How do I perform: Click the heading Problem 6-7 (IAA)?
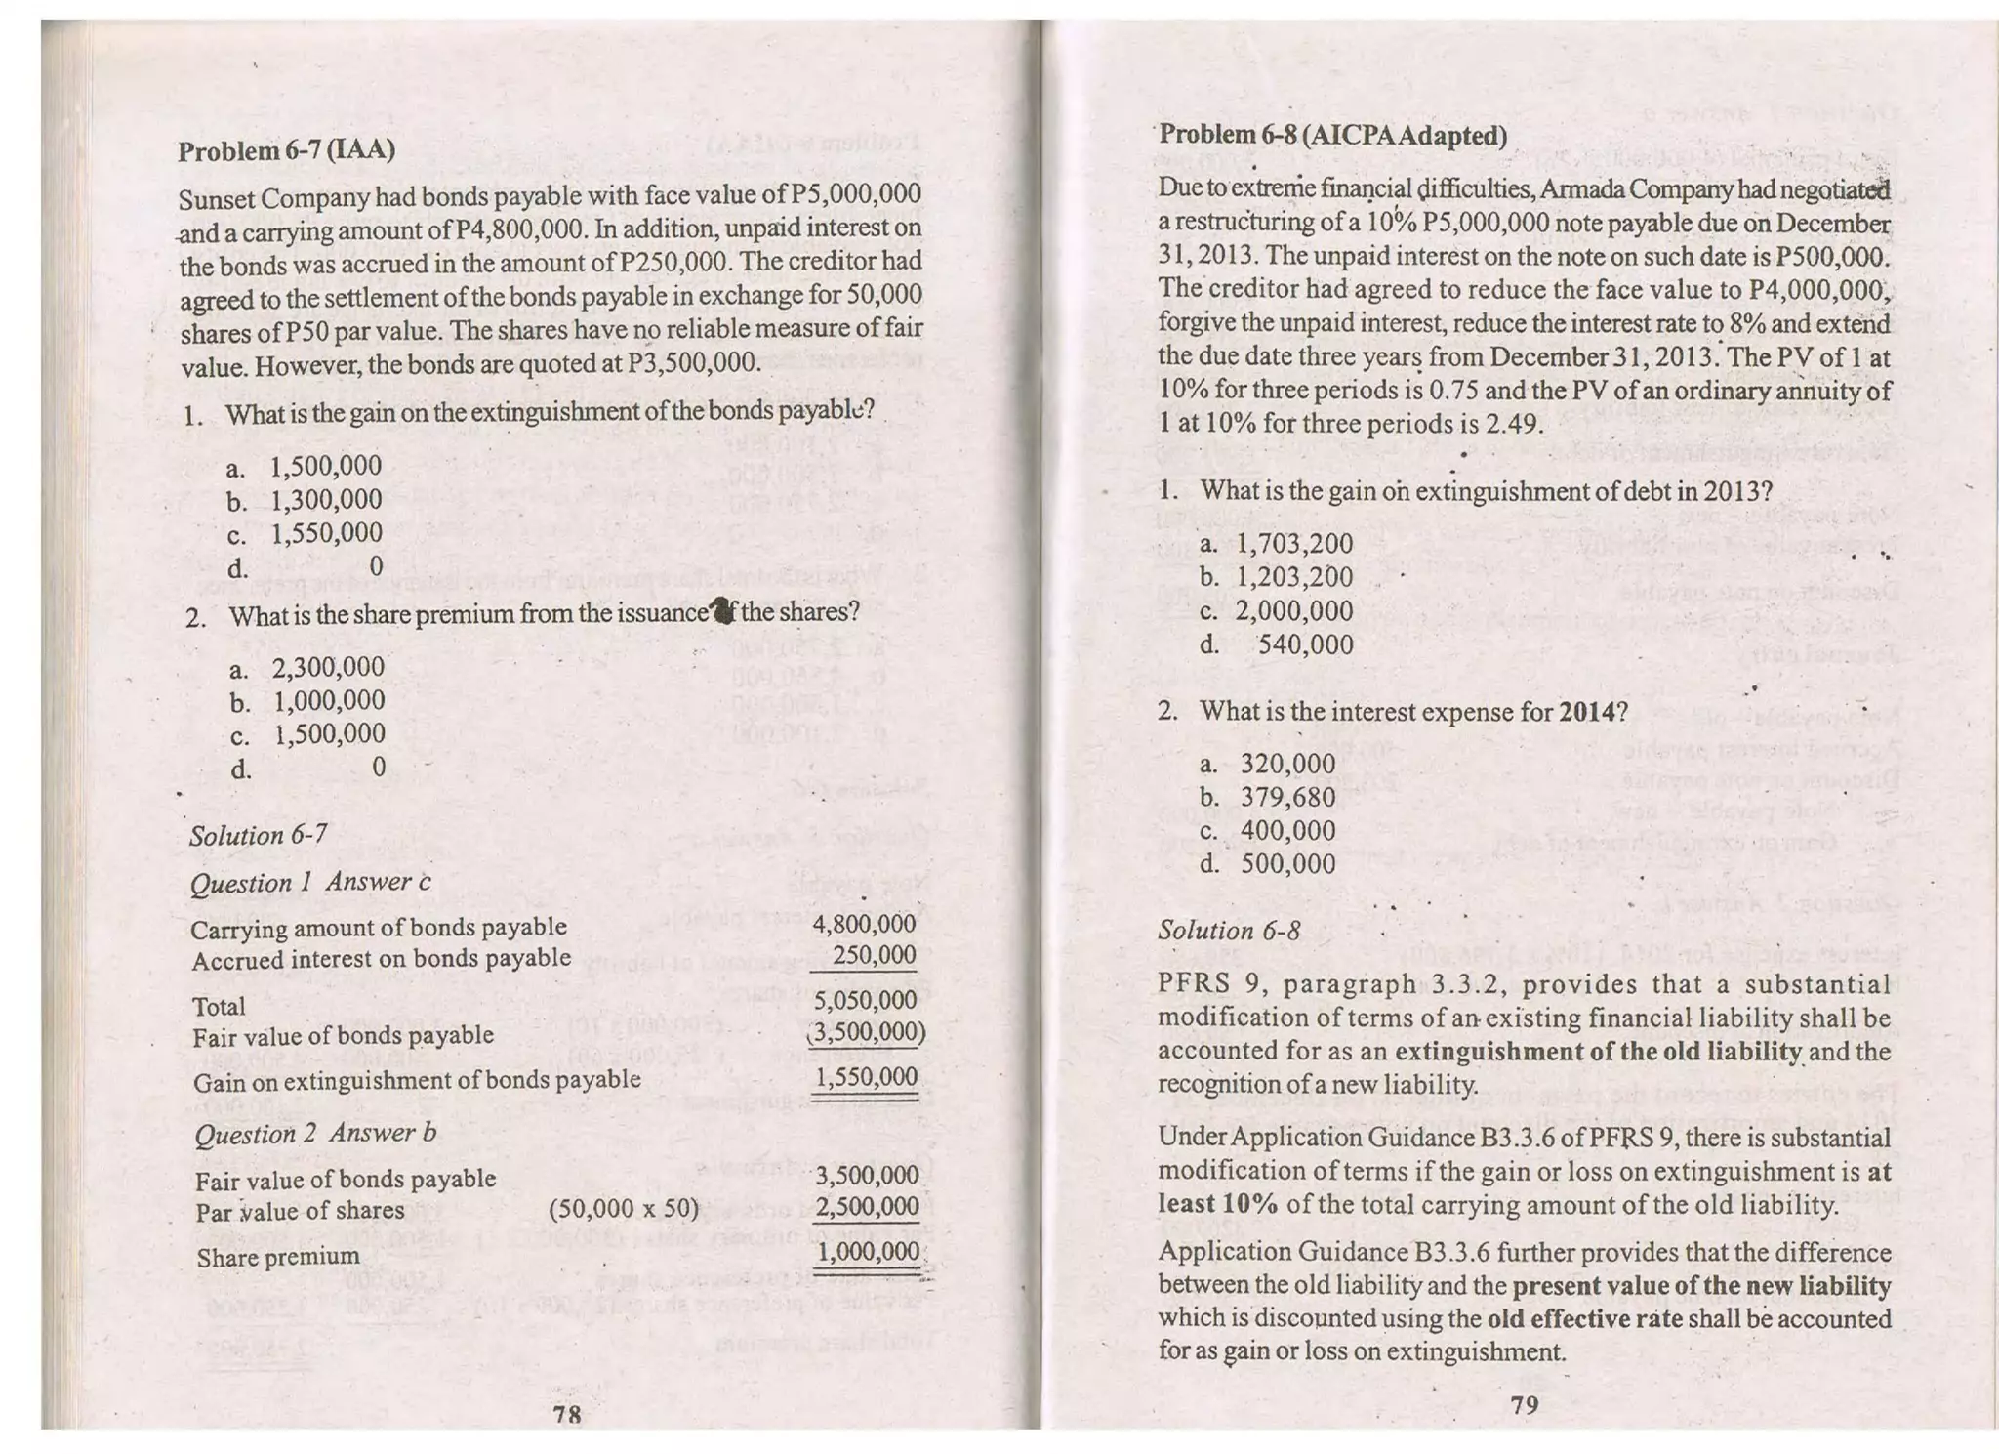[286, 150]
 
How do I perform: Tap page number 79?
[1524, 1404]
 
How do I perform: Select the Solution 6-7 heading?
[258, 836]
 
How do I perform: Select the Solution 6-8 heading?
[1229, 931]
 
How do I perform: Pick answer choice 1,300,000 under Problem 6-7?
[326, 500]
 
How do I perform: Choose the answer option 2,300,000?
[328, 667]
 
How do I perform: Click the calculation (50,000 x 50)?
[624, 1209]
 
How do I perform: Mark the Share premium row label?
[277, 1257]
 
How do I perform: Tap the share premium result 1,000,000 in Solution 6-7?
[868, 1252]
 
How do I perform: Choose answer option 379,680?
[1287, 798]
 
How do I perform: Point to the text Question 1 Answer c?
[310, 882]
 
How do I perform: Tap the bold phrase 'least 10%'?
[1217, 1204]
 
